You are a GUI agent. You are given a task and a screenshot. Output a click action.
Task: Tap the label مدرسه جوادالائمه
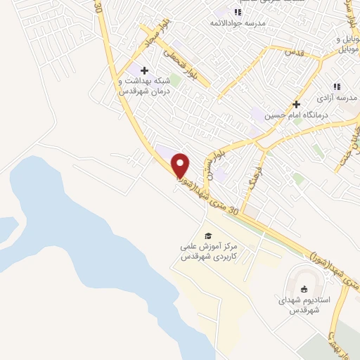point(239,22)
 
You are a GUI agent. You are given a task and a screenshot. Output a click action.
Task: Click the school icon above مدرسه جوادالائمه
point(238,11)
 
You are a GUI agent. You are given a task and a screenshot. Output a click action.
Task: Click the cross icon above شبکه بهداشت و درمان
point(145,70)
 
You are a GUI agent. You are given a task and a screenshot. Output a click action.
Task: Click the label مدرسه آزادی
point(337,96)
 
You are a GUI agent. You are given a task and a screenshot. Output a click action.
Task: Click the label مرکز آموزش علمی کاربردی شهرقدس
point(205,252)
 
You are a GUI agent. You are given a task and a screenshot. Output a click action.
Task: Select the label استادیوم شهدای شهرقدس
point(303,305)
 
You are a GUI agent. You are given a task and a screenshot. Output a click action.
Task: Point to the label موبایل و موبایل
point(349,44)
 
